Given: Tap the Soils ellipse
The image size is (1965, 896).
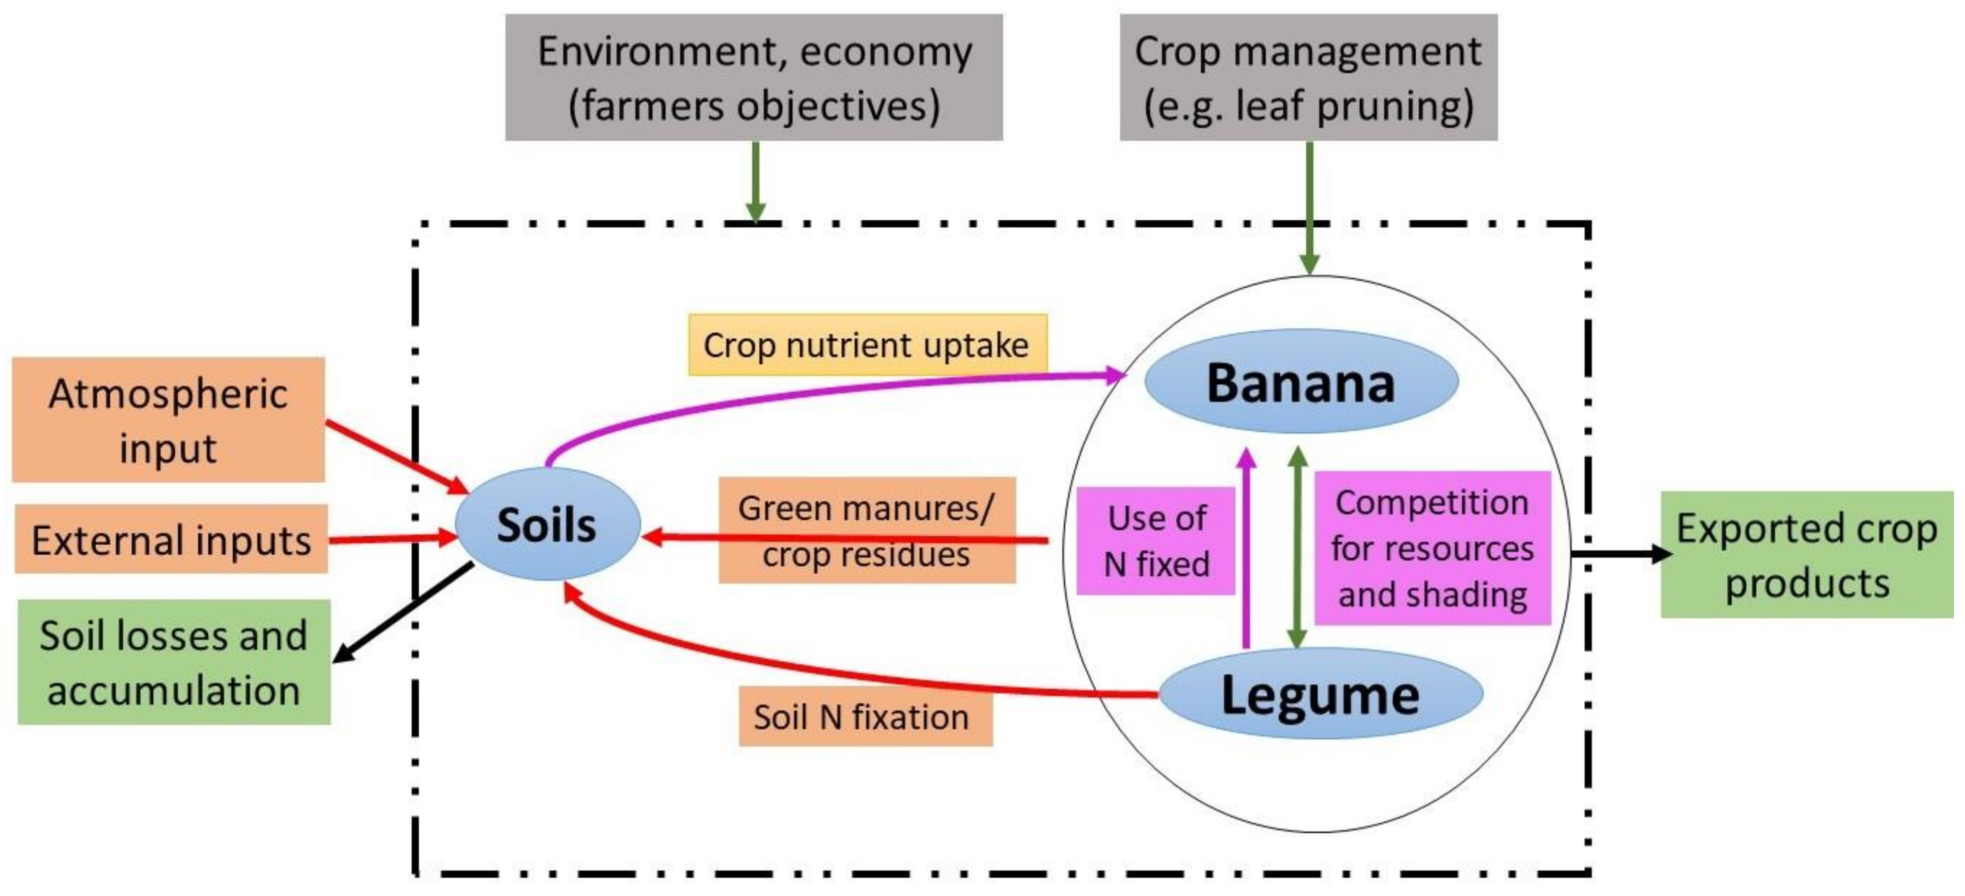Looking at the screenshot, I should (547, 525).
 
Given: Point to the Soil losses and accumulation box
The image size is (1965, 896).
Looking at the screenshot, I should (174, 662).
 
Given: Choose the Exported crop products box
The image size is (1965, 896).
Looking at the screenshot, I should (1807, 554).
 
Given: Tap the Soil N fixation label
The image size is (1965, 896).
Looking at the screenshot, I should (865, 717).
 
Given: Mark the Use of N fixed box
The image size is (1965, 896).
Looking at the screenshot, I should (1156, 541).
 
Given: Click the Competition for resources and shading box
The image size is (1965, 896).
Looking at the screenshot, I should (1432, 549).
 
